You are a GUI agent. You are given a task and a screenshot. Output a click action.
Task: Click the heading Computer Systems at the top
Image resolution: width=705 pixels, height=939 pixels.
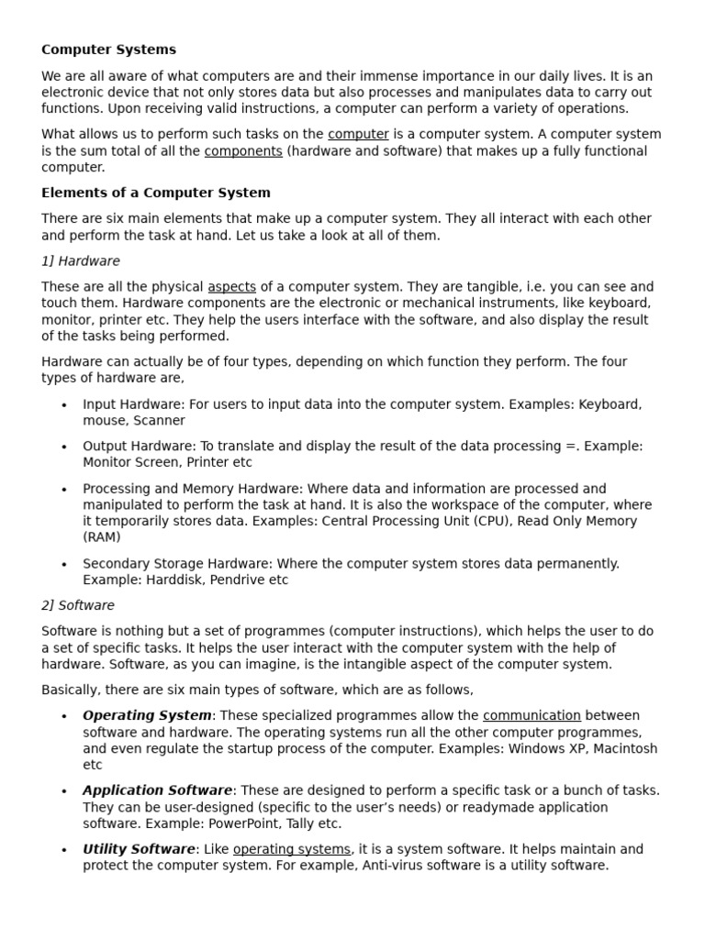point(108,50)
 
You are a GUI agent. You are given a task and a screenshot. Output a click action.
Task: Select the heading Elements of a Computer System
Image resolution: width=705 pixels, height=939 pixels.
point(155,193)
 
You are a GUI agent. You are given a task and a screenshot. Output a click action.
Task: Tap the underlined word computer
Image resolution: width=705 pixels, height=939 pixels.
point(358,134)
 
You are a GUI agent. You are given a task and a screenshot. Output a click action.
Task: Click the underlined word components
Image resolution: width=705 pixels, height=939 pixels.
point(243,151)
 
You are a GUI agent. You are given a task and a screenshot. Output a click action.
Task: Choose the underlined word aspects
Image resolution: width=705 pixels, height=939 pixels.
point(231,287)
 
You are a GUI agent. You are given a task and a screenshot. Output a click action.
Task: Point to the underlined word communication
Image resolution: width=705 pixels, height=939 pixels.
point(532,715)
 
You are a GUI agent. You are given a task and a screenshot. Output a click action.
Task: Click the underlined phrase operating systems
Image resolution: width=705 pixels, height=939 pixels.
point(291,849)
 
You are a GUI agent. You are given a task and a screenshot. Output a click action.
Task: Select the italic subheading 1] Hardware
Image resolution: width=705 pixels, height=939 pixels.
point(80,261)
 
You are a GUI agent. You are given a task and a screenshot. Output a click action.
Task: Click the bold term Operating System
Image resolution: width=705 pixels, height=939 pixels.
point(147,715)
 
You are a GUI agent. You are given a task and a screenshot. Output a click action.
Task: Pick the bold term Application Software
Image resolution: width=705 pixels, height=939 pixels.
point(157,790)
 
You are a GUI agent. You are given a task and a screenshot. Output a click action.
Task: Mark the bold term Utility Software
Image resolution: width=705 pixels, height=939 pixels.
point(139,849)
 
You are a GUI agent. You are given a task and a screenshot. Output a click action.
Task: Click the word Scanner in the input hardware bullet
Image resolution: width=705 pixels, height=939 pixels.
point(161,421)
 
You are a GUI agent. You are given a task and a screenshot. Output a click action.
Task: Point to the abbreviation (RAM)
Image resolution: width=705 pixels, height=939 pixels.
point(102,537)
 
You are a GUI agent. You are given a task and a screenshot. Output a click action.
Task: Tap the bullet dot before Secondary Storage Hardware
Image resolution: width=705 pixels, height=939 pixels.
point(63,565)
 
